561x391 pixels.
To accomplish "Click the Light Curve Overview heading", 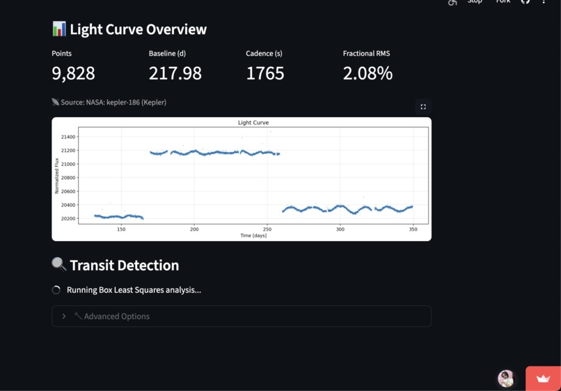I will [x=138, y=29].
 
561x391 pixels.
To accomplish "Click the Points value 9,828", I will [x=73, y=73].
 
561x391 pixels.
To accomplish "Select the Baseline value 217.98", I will [x=175, y=73].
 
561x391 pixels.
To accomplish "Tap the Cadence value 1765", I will [x=264, y=73].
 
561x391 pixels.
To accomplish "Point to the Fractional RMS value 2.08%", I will [x=368, y=73].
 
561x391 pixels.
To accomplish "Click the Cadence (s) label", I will [x=264, y=54].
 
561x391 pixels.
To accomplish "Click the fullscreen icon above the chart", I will [x=423, y=107].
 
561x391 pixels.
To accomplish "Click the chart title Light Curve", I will [x=253, y=123].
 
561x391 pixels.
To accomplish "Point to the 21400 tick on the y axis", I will [x=68, y=137].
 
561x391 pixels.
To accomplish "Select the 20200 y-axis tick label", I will [x=68, y=219].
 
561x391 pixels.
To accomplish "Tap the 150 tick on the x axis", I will [x=121, y=229].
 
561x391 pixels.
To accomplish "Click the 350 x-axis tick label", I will [x=413, y=229].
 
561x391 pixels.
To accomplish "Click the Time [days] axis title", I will [x=253, y=236].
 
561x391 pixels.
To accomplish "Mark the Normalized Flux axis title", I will [x=57, y=175].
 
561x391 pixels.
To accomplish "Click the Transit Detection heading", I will [x=124, y=266].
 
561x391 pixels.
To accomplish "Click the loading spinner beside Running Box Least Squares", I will [x=56, y=290].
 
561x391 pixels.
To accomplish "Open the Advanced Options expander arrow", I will [x=64, y=316].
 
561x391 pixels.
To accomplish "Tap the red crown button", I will [x=543, y=378].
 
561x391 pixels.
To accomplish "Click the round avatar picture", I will [x=506, y=378].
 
